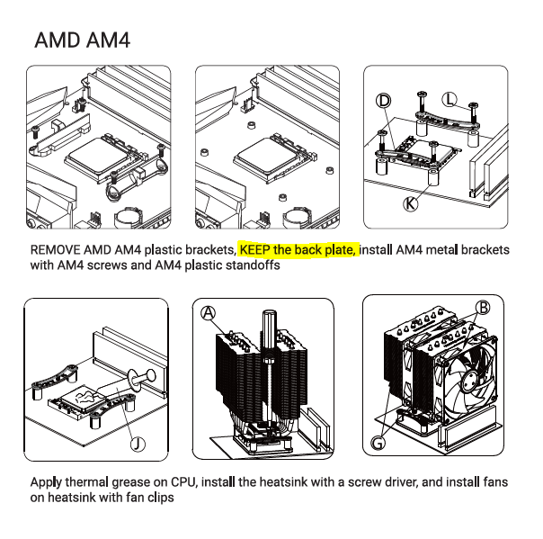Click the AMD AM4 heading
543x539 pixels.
[x=83, y=40]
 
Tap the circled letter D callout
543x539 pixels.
[x=383, y=101]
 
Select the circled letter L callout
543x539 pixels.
[x=450, y=100]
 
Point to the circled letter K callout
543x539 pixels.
[x=410, y=203]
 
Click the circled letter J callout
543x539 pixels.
[x=138, y=444]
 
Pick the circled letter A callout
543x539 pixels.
[x=209, y=313]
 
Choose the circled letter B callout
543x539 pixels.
[x=483, y=308]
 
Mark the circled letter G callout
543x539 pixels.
[x=378, y=443]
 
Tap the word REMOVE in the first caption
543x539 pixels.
[x=56, y=249]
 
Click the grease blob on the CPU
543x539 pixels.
[x=85, y=397]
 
